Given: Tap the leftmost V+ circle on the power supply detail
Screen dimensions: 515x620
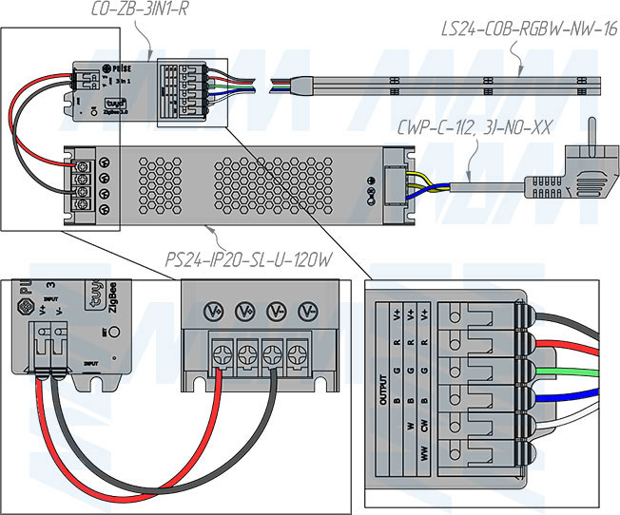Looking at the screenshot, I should tap(215, 312).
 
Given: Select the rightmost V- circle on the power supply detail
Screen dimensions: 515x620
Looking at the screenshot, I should tap(307, 312).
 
